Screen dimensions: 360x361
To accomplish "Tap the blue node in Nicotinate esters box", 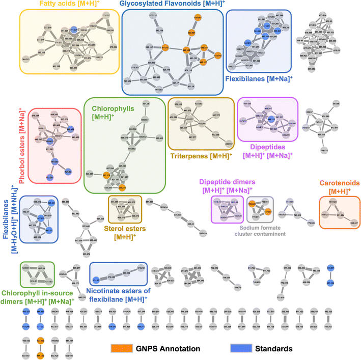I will pyautogui.click(x=96, y=280).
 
